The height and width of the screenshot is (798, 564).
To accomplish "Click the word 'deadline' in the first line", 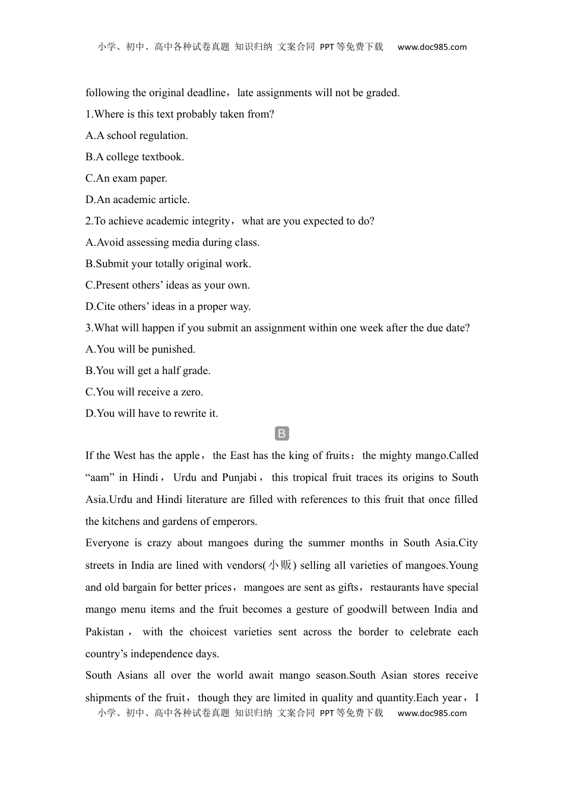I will (x=207, y=93).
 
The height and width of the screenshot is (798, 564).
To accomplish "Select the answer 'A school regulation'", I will (x=137, y=135).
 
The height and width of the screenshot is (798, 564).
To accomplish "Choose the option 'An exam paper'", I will (x=126, y=178).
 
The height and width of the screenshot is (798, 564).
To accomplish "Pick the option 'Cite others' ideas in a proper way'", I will (x=168, y=306).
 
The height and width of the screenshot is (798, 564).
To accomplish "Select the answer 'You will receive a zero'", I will (x=144, y=392).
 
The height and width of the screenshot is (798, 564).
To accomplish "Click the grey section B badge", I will (x=282, y=433).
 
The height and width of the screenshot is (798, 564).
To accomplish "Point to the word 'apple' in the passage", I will (x=187, y=455).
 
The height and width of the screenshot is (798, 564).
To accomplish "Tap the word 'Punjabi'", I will (x=239, y=477).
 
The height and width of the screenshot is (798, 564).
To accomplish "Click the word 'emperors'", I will (x=236, y=521).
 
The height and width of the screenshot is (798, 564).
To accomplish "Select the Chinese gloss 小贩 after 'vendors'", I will (x=280, y=565).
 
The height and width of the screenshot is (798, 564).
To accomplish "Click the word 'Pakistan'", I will (x=104, y=632).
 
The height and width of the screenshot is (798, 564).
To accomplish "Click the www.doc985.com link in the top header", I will (x=432, y=47).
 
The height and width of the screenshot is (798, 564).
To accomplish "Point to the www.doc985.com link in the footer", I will (x=432, y=713).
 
